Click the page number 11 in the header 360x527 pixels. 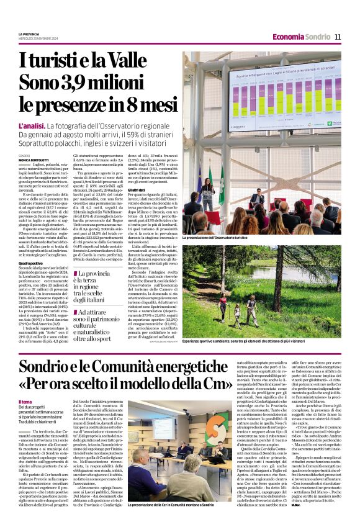[x=338, y=37]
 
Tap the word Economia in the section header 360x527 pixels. [x=289, y=37]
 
